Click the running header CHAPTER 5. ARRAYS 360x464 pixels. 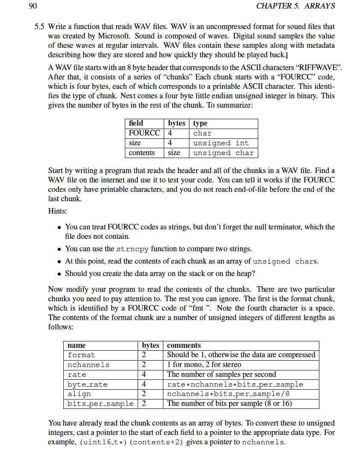point(295,6)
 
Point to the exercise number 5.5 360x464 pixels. point(39,26)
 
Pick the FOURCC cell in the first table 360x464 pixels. point(144,133)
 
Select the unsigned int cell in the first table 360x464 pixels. point(221,143)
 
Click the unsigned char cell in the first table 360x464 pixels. point(223,153)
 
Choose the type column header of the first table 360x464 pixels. point(200,123)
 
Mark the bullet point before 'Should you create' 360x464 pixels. point(60,273)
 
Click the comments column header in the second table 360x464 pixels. point(184,345)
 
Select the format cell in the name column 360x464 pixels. point(81,355)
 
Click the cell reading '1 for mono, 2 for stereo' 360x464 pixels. point(204,365)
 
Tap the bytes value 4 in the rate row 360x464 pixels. point(144,375)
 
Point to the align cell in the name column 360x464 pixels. point(79,394)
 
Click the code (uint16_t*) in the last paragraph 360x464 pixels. point(103,442)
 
